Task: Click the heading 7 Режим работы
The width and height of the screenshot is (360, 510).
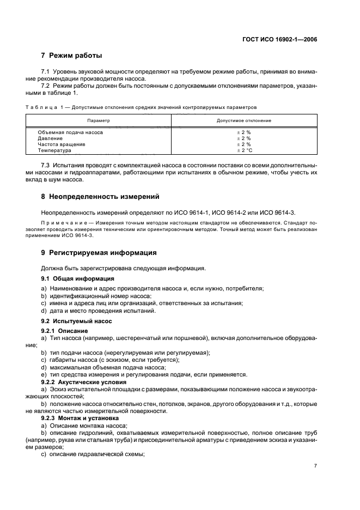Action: click(x=71, y=56)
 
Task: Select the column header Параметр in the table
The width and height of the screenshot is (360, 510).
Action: click(x=99, y=120)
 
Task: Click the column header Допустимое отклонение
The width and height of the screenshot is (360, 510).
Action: click(x=243, y=120)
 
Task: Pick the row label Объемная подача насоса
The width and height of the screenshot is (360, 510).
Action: click(x=70, y=132)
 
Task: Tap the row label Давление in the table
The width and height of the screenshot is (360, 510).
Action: click(x=50, y=138)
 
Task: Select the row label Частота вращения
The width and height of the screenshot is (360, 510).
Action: click(x=61, y=144)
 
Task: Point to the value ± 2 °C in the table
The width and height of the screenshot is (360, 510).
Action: click(x=243, y=150)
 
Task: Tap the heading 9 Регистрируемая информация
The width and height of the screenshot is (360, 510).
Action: click(x=99, y=253)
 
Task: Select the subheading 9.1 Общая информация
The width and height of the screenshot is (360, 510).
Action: click(x=70, y=278)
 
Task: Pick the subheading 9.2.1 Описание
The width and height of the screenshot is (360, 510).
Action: click(x=62, y=331)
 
